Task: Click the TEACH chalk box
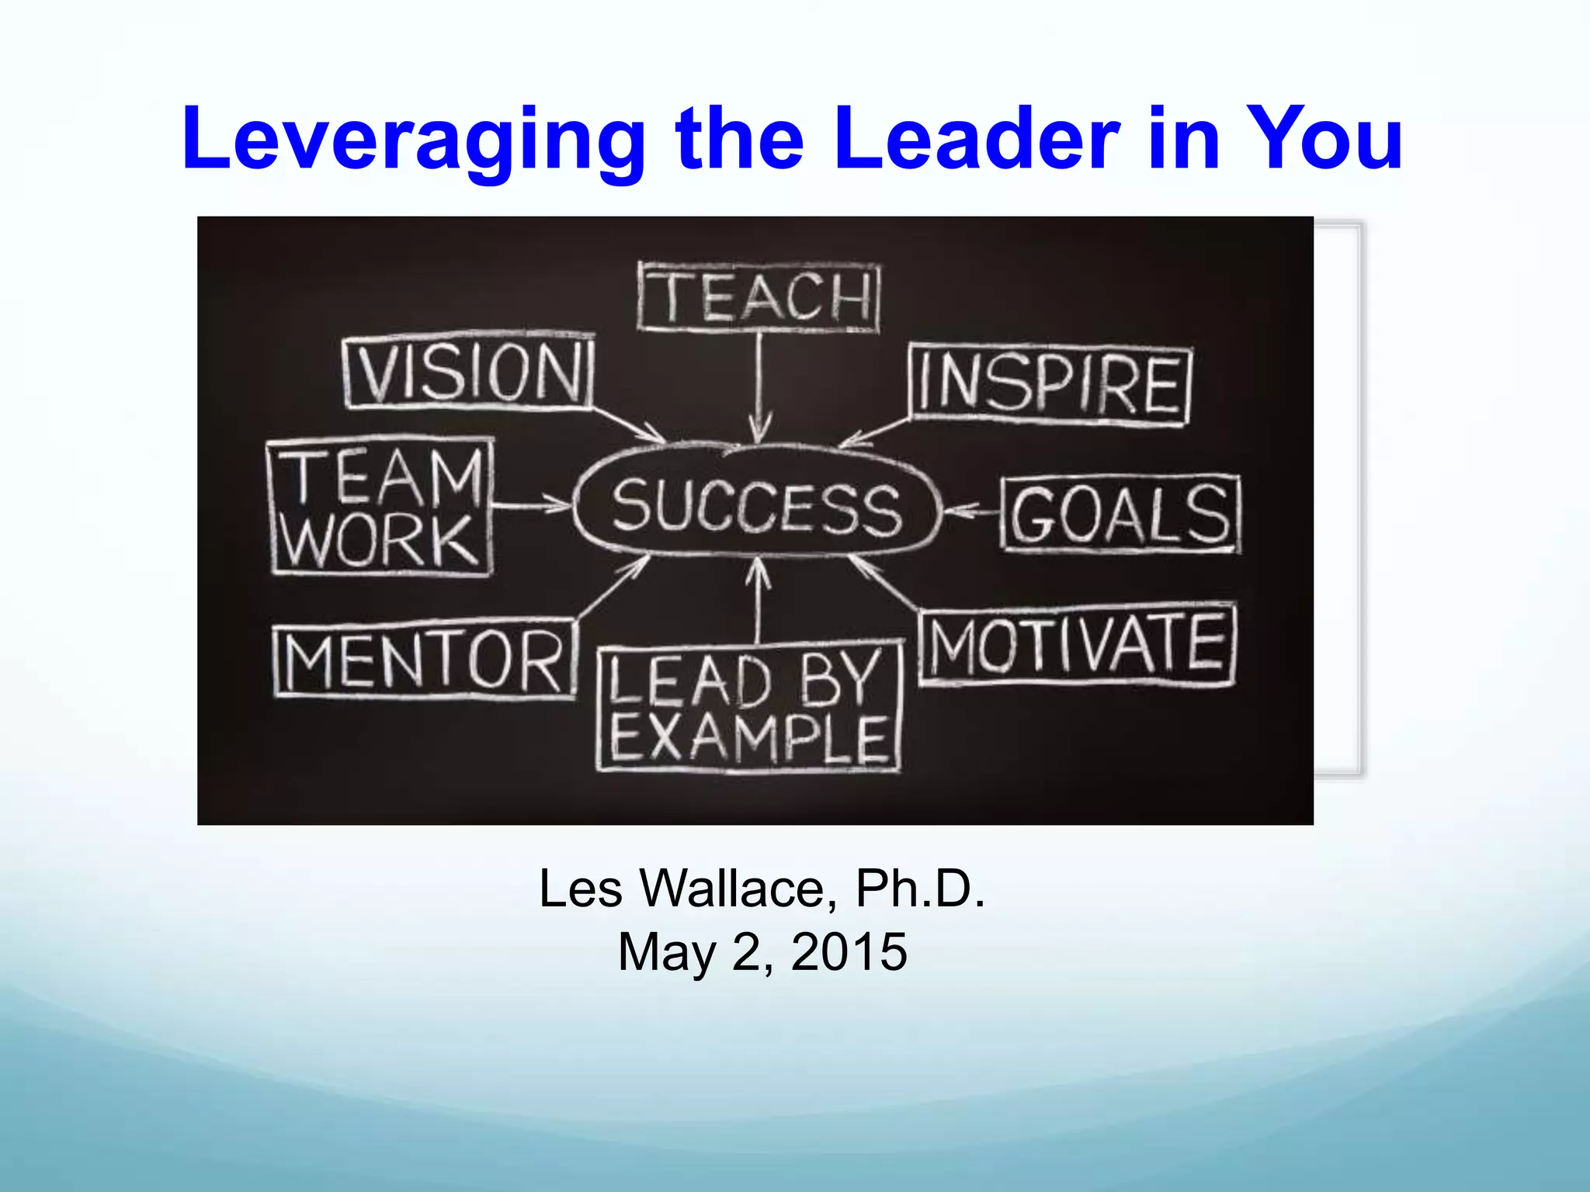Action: (x=759, y=298)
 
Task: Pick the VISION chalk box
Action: (x=469, y=372)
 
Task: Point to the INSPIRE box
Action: (x=1050, y=385)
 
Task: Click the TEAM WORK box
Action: (x=380, y=508)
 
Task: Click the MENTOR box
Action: (x=424, y=660)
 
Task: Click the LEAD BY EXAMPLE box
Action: (x=749, y=708)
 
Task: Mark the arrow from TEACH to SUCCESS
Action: (x=759, y=388)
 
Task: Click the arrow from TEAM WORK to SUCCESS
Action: (x=533, y=505)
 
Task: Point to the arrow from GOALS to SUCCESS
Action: (x=972, y=511)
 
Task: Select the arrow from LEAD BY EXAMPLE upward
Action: (x=759, y=601)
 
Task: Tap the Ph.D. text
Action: (x=920, y=889)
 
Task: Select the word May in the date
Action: (x=666, y=952)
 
